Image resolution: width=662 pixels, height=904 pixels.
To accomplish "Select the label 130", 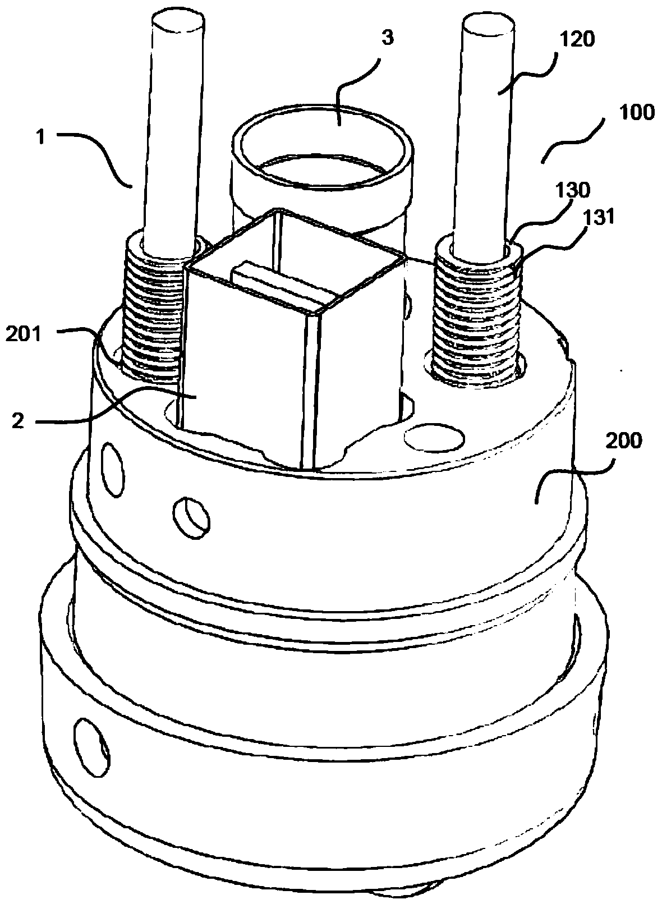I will [x=573, y=191].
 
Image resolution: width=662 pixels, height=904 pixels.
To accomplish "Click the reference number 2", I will [x=19, y=421].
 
